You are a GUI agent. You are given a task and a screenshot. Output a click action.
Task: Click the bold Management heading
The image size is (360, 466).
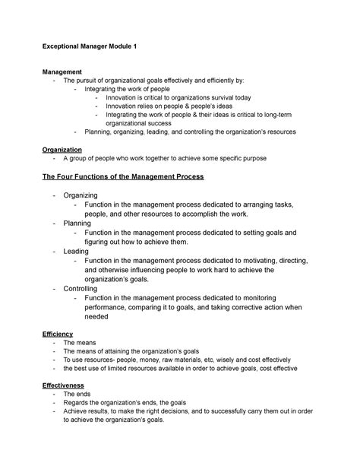(65, 71)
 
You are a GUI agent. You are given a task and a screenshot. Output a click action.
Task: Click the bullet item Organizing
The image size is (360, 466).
(81, 196)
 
